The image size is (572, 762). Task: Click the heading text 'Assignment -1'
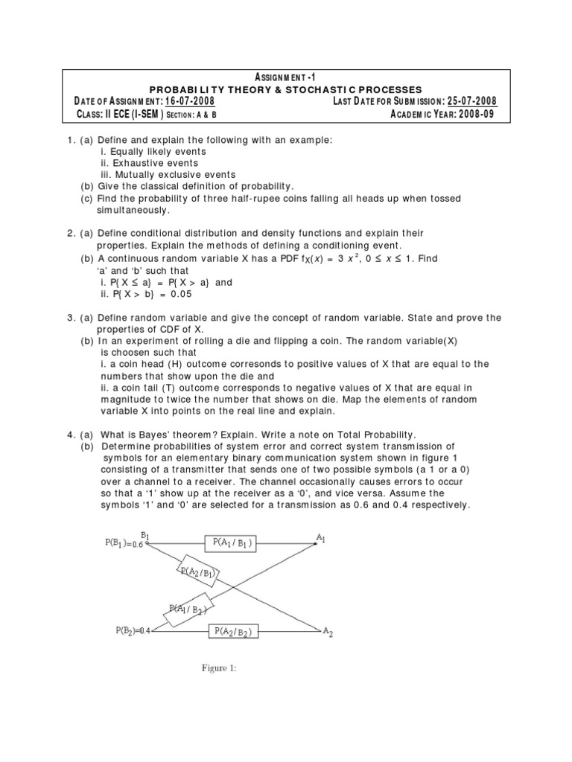pos(286,77)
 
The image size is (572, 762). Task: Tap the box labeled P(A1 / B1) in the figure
pos(232,543)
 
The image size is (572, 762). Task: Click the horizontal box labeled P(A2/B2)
pos(234,632)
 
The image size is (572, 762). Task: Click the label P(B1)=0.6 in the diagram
pos(124,543)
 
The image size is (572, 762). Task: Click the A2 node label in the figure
pos(328,633)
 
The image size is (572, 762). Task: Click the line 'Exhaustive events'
pos(150,162)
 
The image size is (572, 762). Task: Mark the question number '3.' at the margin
pos(71,318)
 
